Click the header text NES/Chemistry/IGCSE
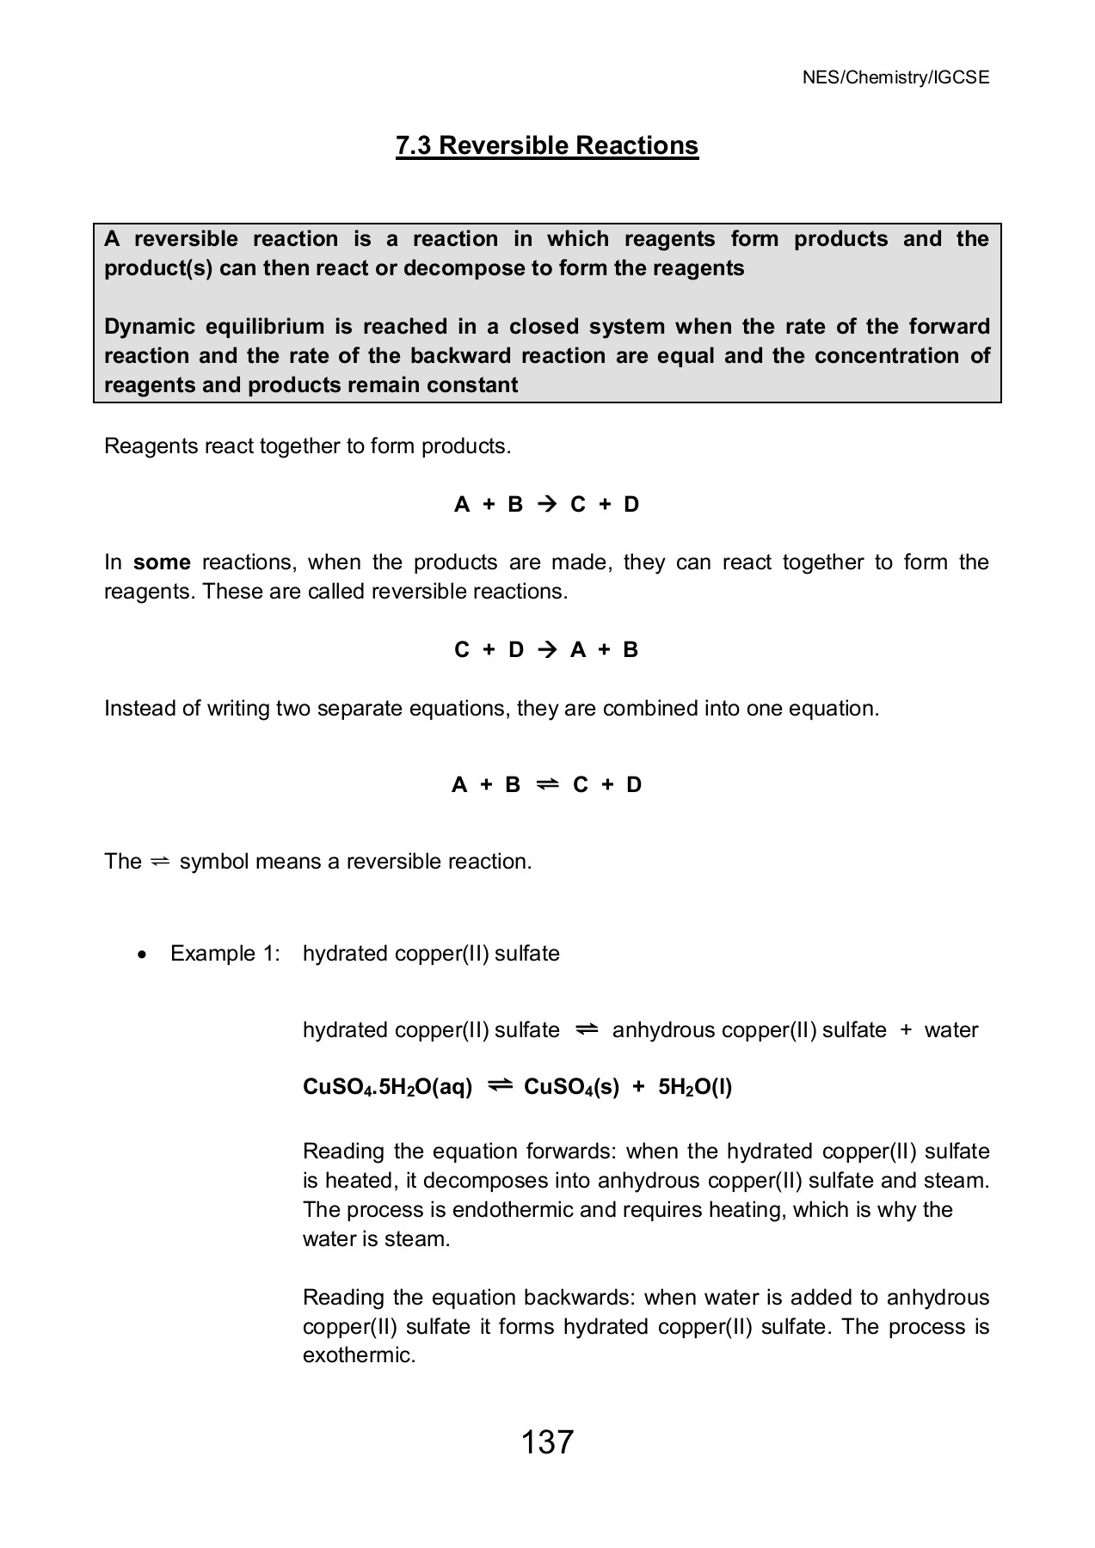(x=895, y=77)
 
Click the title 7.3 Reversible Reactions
(x=547, y=145)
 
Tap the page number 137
(x=547, y=1441)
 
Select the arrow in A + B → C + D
(x=547, y=505)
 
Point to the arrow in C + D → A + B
(x=547, y=650)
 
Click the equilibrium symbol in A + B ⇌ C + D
(x=547, y=784)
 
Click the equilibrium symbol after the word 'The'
(x=161, y=862)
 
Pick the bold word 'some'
(x=162, y=562)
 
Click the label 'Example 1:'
(x=225, y=954)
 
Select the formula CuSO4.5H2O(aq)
(x=388, y=1088)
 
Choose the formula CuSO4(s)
(x=571, y=1088)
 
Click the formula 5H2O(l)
(x=695, y=1088)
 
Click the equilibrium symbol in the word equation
(x=587, y=1029)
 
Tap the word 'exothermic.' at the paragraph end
(x=359, y=1356)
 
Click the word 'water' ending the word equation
(x=951, y=1030)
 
